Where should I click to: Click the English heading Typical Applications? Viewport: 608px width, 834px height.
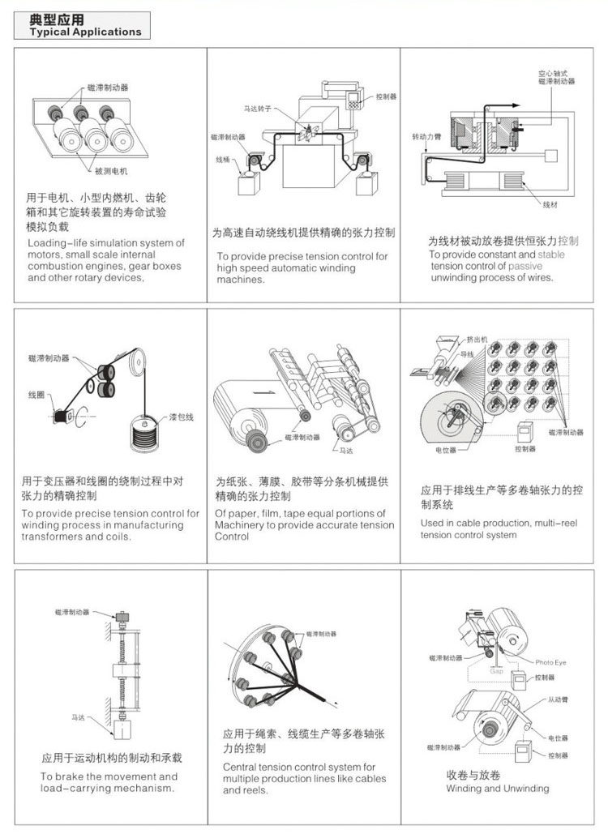tap(85, 32)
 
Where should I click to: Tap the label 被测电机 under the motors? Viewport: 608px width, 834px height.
tap(112, 171)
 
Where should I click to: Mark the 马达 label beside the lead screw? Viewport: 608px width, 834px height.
tap(79, 717)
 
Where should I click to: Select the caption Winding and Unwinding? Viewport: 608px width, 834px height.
tap(497, 788)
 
